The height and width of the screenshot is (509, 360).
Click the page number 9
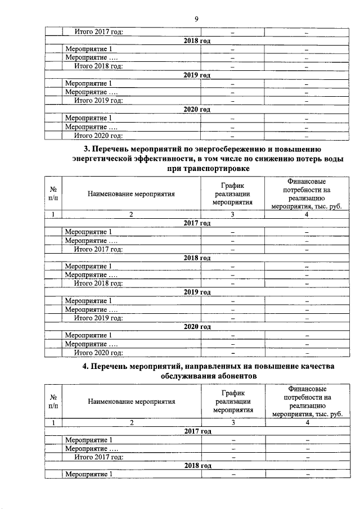[196, 19]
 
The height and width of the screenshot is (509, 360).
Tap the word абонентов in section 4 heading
[232, 376]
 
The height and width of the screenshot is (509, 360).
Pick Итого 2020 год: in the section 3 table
[98, 353]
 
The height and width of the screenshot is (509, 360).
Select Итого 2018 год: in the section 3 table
[98, 283]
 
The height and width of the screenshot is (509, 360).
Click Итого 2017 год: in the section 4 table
[98, 457]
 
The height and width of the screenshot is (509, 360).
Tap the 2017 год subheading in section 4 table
[197, 431]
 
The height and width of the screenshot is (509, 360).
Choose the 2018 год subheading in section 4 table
[197, 466]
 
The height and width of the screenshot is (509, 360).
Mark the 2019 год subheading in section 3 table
[197, 292]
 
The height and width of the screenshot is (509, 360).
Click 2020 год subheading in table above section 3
[197, 110]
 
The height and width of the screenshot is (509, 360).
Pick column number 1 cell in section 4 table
[53, 422]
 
